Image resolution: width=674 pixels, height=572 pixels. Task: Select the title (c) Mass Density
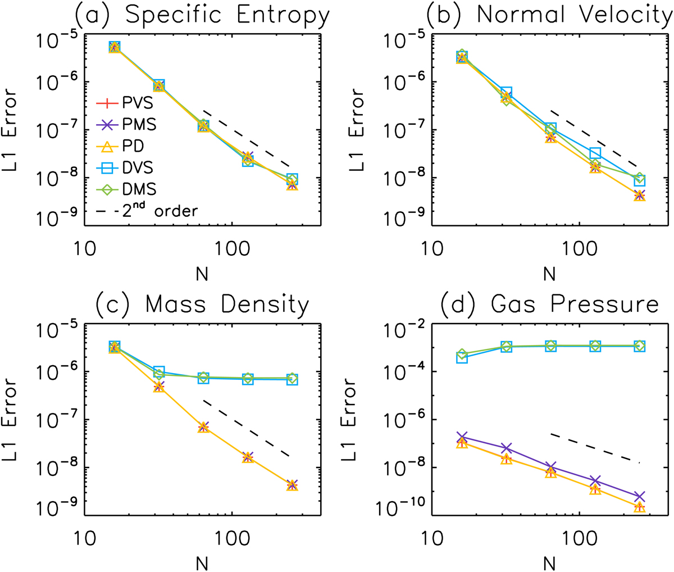(202, 305)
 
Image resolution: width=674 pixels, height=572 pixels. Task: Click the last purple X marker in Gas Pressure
(639, 497)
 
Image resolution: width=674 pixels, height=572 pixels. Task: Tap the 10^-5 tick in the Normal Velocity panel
(402, 40)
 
